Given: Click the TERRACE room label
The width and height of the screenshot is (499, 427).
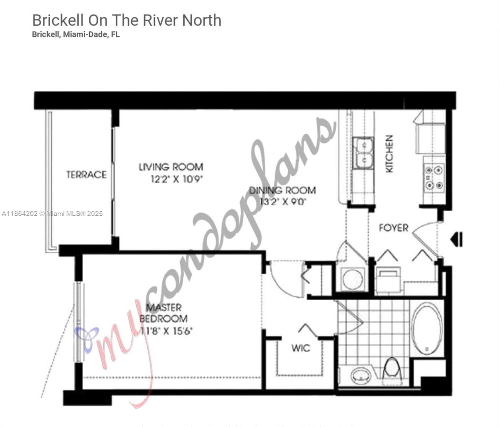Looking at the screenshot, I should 86,175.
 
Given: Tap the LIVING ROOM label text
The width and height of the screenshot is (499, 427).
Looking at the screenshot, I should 171,167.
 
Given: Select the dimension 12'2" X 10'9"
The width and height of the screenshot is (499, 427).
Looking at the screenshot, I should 177,179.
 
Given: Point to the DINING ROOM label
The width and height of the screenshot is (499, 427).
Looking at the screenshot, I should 282,190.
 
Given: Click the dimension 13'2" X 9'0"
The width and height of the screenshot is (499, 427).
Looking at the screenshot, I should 283,202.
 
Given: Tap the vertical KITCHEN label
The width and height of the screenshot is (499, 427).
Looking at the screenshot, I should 390,154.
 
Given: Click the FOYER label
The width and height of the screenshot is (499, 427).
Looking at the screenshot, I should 393,228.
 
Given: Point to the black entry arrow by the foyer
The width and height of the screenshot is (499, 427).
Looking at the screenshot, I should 457,239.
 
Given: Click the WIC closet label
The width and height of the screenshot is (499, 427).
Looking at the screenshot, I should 301,348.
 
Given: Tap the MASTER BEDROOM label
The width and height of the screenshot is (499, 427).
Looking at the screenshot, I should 164,313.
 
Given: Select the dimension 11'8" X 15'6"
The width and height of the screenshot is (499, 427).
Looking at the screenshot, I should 166,331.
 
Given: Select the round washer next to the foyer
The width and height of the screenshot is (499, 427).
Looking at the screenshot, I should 353,279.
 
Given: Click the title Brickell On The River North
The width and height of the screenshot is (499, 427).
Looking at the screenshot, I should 127,20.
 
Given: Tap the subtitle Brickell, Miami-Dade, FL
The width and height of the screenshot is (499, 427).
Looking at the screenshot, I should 76,35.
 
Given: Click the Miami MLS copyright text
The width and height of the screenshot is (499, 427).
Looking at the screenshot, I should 52,213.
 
